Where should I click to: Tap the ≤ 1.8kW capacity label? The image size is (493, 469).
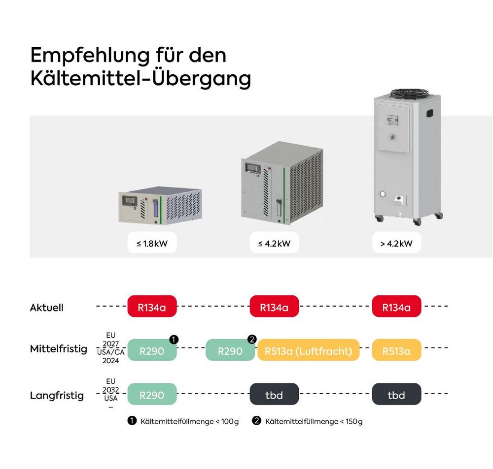[x=152, y=243]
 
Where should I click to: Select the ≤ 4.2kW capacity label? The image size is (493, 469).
[x=274, y=243]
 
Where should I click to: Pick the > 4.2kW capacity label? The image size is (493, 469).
[x=396, y=243]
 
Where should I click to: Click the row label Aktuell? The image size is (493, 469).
[x=47, y=308]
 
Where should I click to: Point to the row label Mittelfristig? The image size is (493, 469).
[x=58, y=349]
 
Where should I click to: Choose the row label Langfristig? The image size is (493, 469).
[x=57, y=396]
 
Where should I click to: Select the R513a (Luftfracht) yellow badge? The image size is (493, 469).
[x=309, y=351]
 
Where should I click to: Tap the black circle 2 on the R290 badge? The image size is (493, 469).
[x=252, y=340]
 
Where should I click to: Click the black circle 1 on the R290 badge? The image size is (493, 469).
[x=174, y=340]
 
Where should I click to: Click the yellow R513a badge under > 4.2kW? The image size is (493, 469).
[x=396, y=351]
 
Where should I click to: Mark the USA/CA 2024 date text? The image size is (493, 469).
[x=111, y=356]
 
